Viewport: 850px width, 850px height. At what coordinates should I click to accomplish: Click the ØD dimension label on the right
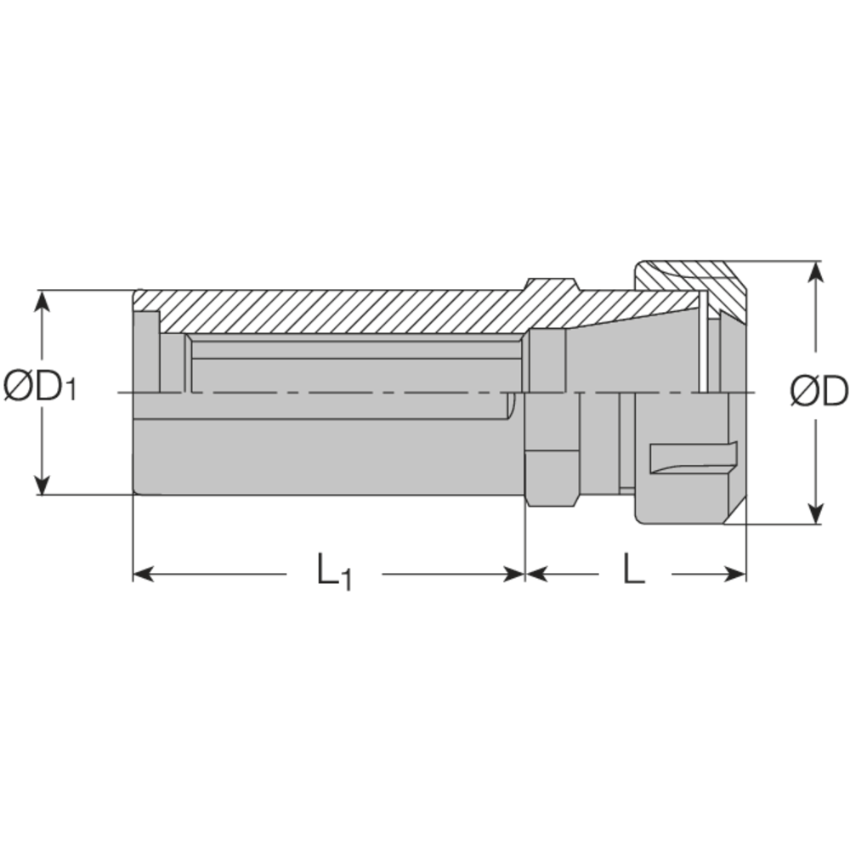point(818,391)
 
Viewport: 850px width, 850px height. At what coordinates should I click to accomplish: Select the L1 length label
point(334,571)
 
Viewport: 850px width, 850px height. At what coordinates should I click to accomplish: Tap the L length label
point(633,570)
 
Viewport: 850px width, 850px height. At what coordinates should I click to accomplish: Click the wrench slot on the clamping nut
point(690,458)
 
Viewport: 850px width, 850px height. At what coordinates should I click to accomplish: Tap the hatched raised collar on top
point(552,289)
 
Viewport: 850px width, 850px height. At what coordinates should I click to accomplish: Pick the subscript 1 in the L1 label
point(346,580)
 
